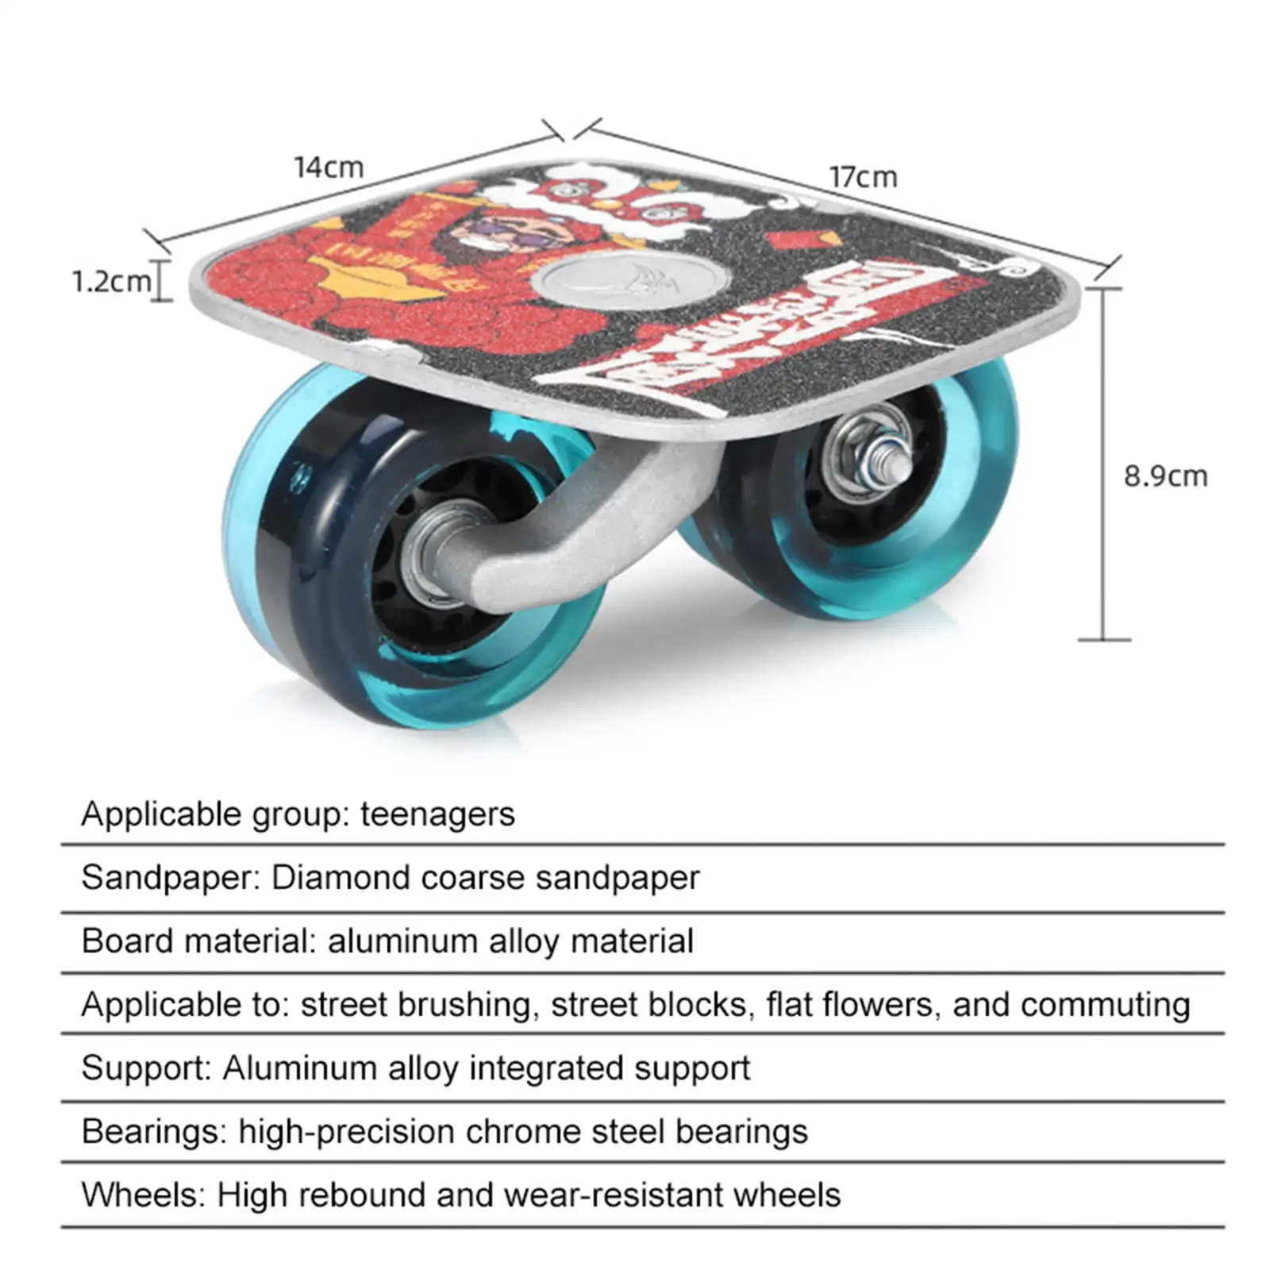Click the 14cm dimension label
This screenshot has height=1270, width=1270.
pyautogui.click(x=329, y=167)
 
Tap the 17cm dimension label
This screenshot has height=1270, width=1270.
pyautogui.click(x=863, y=177)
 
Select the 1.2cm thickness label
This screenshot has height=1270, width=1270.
pyautogui.click(x=111, y=281)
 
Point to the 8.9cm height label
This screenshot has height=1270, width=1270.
pyautogui.click(x=1165, y=476)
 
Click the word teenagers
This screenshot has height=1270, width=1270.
pyautogui.click(x=437, y=814)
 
